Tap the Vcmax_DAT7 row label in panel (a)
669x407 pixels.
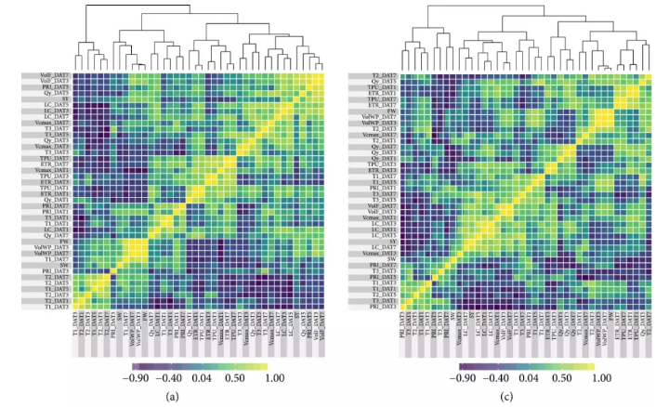pos(50,123)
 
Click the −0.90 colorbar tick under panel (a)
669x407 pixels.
pos(138,379)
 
